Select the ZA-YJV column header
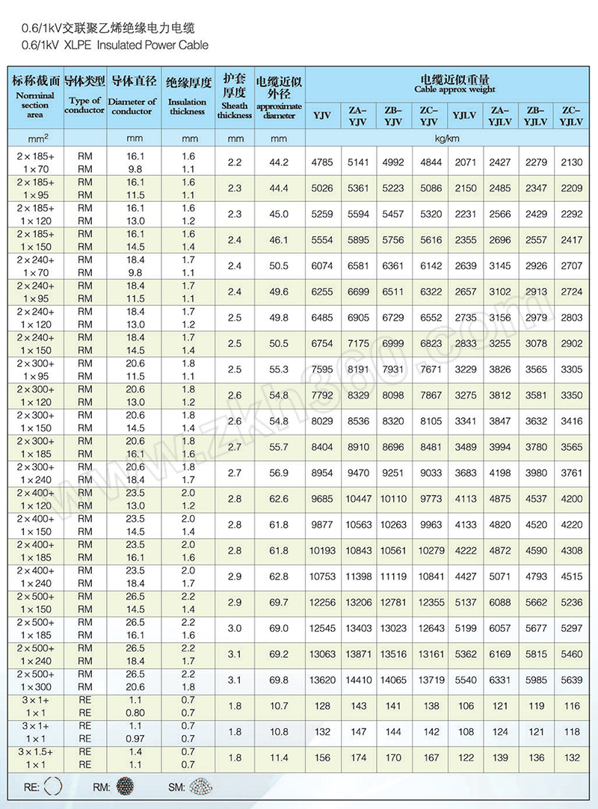click(358, 115)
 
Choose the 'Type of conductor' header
click(84, 105)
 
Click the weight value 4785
click(322, 162)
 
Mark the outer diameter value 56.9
click(279, 473)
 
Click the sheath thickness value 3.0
click(235, 628)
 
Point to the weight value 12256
click(322, 603)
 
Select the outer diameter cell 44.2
click(279, 162)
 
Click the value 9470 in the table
click(359, 473)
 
